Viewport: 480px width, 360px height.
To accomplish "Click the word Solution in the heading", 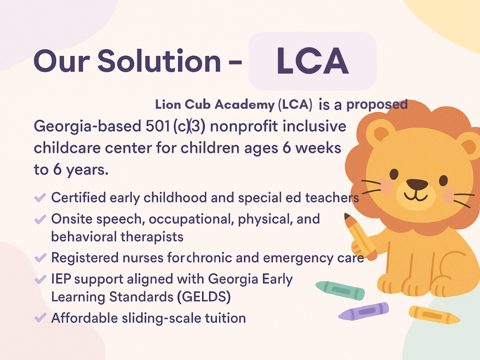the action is coord(159,60).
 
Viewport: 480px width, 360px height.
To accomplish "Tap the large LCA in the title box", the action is coord(313,61).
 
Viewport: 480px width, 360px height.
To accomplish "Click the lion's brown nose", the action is coord(417,184).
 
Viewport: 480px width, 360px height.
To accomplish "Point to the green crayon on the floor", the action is coord(340,290).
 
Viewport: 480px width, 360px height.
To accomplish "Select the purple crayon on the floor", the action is coord(364,311).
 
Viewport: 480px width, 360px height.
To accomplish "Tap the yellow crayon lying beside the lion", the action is coord(434,315).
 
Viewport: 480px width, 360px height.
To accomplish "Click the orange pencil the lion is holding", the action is coord(360,236).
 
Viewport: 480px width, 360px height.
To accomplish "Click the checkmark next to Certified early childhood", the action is coord(40,197).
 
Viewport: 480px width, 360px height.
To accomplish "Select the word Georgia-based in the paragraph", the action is coord(88,127).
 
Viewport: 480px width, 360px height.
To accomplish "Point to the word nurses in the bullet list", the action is coord(143,258).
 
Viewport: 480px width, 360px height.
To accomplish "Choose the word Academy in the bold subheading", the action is coord(244,105).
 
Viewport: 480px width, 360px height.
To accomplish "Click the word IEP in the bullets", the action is coord(61,279).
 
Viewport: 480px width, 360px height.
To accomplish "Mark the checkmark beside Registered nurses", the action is coord(40,258).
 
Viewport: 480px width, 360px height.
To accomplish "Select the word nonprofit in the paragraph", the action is coord(244,127).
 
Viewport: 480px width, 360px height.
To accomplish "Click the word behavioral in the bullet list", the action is coord(84,237).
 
